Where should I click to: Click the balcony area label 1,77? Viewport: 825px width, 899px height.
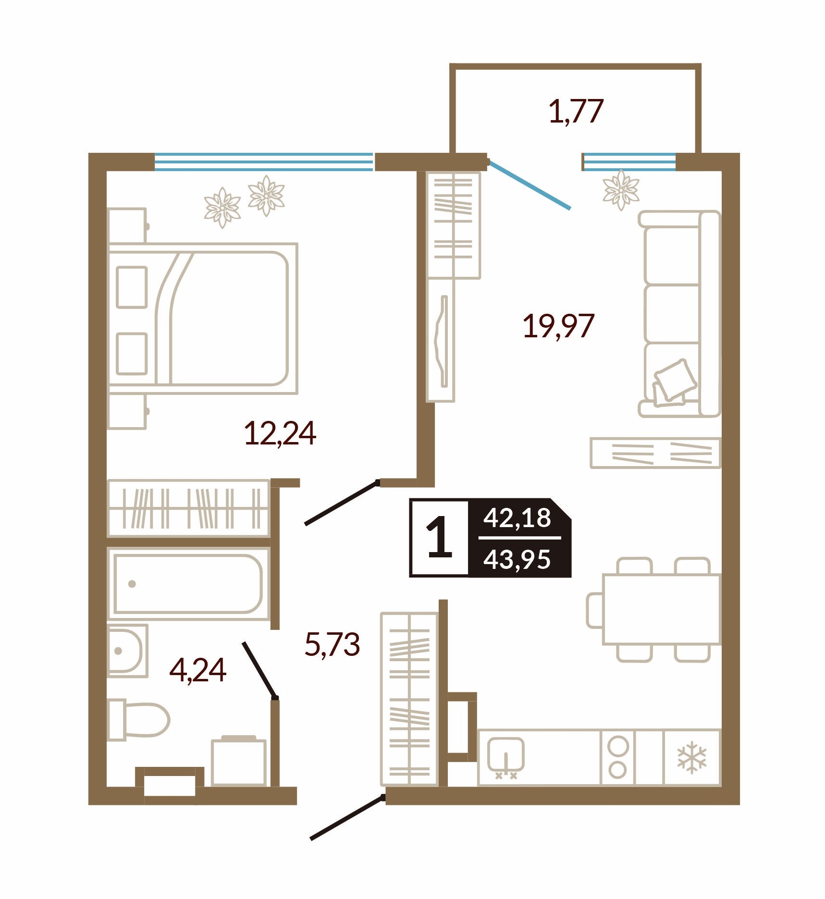(x=576, y=111)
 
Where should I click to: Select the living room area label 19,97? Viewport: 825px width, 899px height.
(x=558, y=326)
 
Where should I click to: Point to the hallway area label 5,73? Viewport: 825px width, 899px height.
(x=332, y=644)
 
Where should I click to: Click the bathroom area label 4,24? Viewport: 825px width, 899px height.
(x=197, y=670)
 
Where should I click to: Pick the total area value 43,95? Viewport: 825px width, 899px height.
(x=517, y=559)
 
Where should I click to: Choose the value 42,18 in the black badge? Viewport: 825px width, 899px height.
(x=517, y=518)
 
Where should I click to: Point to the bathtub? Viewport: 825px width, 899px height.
(x=188, y=584)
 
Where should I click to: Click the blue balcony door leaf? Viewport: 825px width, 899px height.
(x=529, y=185)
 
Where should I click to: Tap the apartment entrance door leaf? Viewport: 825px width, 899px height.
(x=348, y=817)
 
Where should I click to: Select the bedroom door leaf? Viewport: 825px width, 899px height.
(x=342, y=503)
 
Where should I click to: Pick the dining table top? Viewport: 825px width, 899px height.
(x=662, y=609)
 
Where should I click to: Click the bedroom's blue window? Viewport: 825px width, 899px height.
(x=264, y=162)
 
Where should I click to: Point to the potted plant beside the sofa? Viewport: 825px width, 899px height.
(x=621, y=189)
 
